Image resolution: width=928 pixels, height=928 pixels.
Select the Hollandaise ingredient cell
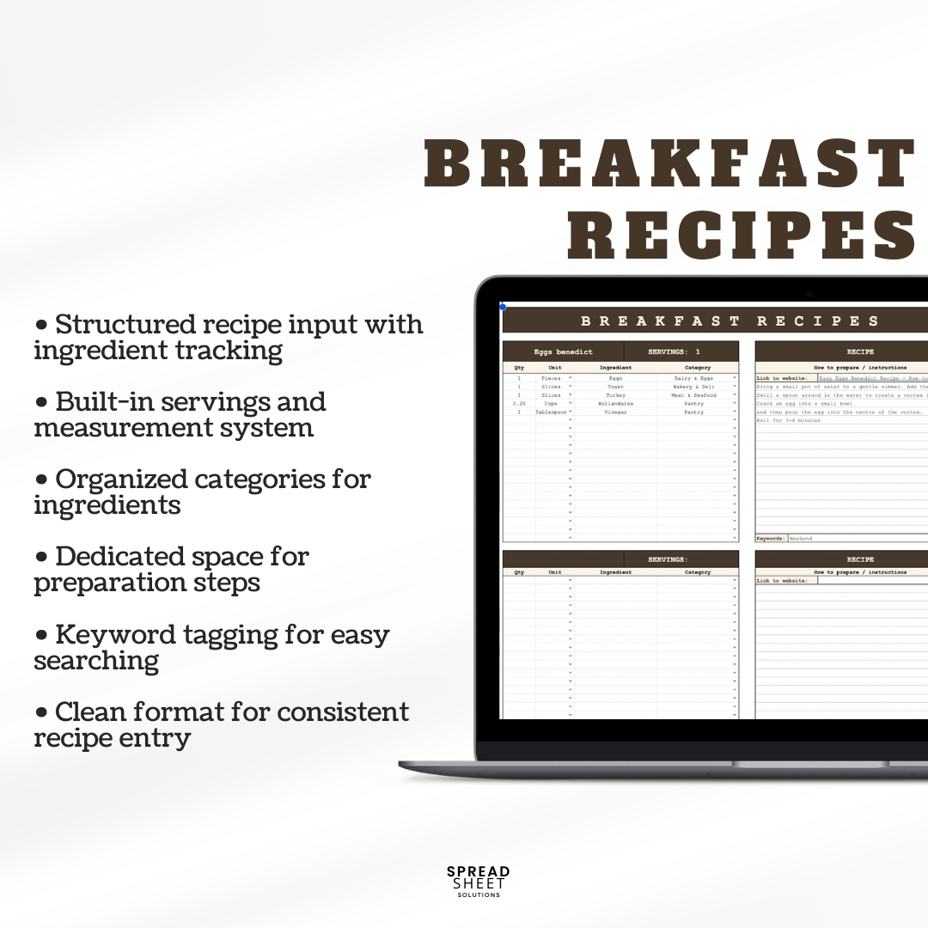click(x=615, y=404)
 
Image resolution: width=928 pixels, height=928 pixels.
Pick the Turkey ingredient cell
click(x=615, y=395)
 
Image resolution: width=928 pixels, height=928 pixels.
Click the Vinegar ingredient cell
click(x=615, y=412)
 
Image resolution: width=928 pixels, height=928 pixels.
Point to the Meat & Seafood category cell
click(x=693, y=395)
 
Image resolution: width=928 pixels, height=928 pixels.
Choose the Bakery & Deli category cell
click(x=693, y=387)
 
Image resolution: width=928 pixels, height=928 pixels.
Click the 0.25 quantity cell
click(x=519, y=404)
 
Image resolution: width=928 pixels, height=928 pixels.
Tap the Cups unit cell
click(x=551, y=404)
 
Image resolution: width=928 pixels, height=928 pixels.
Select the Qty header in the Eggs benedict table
click(x=519, y=368)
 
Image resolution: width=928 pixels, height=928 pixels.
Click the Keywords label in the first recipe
click(x=771, y=539)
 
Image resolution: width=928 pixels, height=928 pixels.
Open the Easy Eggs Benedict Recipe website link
click(x=872, y=378)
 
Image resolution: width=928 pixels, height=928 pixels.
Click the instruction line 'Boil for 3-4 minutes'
click(x=788, y=420)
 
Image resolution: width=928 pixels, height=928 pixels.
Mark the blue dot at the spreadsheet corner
click(x=503, y=306)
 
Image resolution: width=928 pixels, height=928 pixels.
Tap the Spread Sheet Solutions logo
click(x=478, y=881)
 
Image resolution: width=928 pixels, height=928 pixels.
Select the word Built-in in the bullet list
click(x=107, y=402)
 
